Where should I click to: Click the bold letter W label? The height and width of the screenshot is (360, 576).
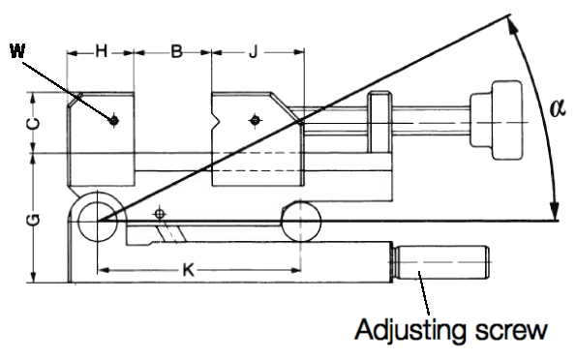pos(17,51)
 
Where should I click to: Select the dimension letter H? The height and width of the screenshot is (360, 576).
pos(101,51)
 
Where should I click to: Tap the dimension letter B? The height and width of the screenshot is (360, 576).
pos(177,51)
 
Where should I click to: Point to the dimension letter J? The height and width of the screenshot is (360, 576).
pos(253,51)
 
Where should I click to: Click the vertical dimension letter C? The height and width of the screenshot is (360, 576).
pos(34,124)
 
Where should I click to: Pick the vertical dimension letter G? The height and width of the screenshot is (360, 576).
pos(34,220)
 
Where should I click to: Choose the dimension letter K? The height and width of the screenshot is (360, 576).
pos(188,270)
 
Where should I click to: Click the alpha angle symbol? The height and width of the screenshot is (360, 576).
pos(558,108)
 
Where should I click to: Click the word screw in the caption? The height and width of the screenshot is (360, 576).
pos(512,331)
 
